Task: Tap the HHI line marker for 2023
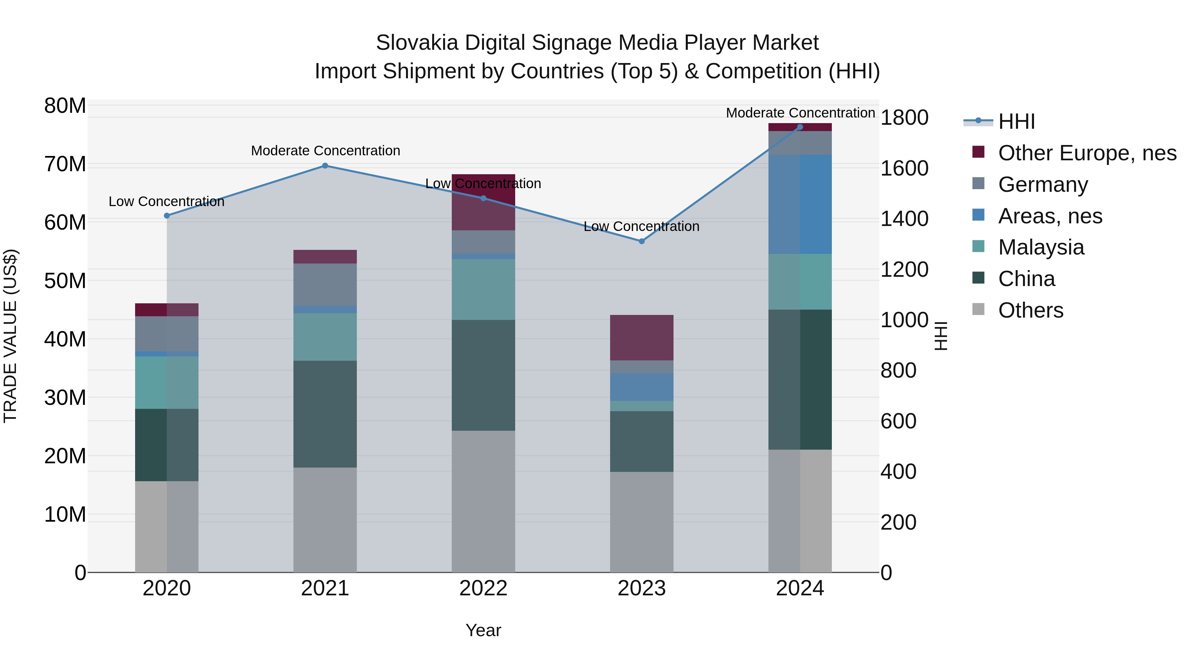642,241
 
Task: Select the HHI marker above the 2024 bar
800,127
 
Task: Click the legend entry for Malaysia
1041,247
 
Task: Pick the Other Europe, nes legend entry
1087,153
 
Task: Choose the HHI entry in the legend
1016,121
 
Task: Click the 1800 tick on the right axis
904,118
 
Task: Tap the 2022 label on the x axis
483,588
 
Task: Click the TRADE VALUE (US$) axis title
10,336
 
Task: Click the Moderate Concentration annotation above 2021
325,151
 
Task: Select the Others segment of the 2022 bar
483,501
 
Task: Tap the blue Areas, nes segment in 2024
800,204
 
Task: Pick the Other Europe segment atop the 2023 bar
642,337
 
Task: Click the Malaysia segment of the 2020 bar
167,383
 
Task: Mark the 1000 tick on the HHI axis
904,321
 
